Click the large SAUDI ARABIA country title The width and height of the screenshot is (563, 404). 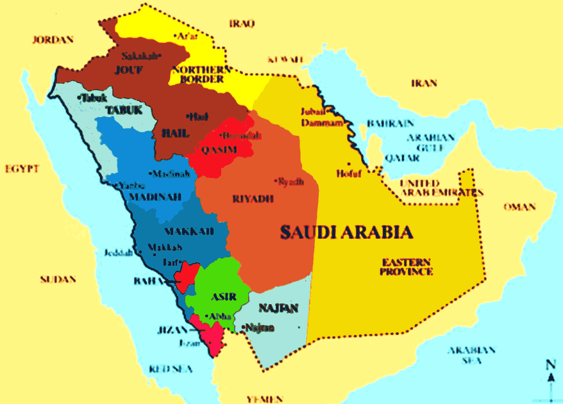pos(346,232)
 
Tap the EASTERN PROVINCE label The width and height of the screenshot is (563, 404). pos(407,267)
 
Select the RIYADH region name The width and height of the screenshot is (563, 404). pos(253,199)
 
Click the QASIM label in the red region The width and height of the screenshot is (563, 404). pos(220,150)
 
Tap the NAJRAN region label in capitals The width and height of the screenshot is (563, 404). pos(279,309)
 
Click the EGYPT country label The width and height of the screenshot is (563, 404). pos(22,169)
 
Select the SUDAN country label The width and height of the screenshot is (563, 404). pos(58,280)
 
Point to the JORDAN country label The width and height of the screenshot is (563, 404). pos(53,40)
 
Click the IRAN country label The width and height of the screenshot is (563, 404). pos(424,83)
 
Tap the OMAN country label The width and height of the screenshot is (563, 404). pos(519,207)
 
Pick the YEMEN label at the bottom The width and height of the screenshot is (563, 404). pos(264,398)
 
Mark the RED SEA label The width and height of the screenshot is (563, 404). pos(171,369)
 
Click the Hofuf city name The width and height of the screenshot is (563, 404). pos(345,174)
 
